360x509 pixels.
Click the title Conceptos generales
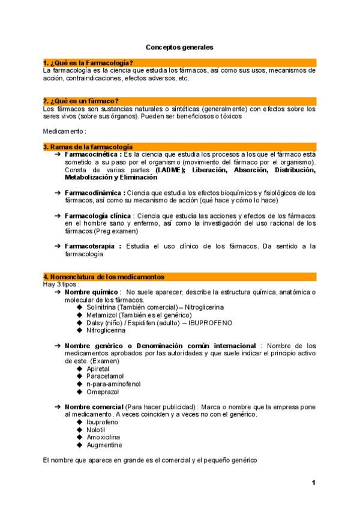coord(179,46)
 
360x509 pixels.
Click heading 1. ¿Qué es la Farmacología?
coord(88,62)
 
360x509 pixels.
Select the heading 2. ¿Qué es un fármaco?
coord(81,100)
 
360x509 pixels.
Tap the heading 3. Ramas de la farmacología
coord(88,146)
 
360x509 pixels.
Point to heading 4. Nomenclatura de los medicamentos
coord(104,277)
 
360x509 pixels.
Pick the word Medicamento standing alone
coord(64,131)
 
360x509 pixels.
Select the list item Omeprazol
coord(103,391)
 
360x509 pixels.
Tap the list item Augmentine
coord(104,445)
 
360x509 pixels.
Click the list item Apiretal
coord(100,368)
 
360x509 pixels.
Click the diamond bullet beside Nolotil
coord(80,430)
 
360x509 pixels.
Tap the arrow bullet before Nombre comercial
coord(56,407)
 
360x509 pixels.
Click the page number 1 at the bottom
coord(313,483)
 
